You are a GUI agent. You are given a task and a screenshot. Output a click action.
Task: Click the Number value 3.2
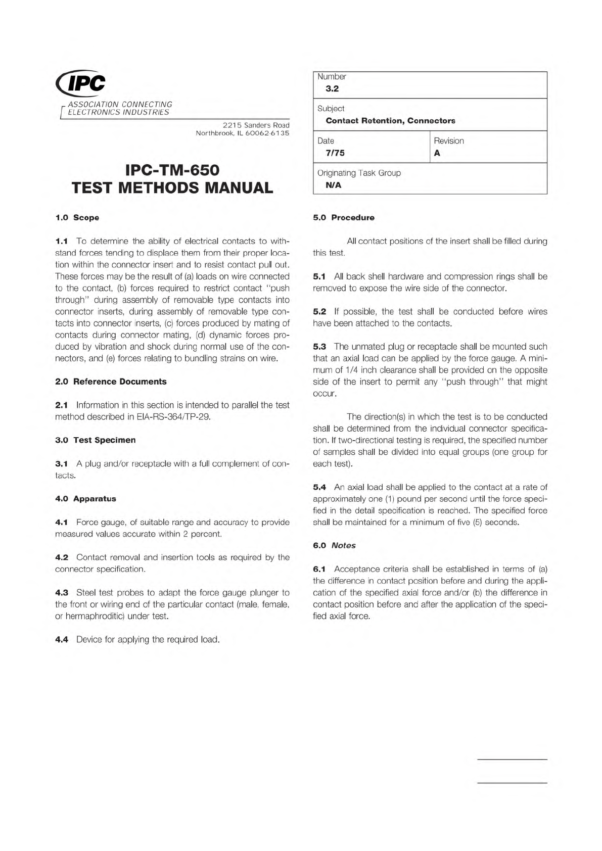(332, 89)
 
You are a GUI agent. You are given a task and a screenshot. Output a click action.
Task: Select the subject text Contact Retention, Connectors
(390, 121)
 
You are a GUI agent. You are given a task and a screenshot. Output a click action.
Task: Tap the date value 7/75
(335, 153)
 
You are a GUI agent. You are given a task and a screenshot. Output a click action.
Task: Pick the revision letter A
(437, 153)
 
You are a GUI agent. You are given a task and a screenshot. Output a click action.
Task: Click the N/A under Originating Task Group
(334, 185)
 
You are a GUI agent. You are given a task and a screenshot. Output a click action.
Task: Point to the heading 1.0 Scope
(77, 218)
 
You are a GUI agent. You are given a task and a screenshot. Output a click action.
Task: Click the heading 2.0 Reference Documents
(111, 382)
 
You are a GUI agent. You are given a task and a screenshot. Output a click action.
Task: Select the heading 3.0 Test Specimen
(95, 440)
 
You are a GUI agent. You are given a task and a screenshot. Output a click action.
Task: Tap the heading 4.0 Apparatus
(85, 499)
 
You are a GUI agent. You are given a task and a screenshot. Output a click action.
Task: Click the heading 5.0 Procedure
(344, 218)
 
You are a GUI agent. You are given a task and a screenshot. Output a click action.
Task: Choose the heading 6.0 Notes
(334, 546)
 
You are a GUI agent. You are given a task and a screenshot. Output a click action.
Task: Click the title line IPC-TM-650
(172, 169)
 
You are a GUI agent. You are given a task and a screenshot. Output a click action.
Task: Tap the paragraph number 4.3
(62, 593)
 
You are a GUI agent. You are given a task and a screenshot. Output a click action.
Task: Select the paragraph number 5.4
(319, 488)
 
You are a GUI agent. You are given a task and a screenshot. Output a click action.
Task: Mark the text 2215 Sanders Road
(256, 125)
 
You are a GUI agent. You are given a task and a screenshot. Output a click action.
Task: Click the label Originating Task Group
(359, 173)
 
